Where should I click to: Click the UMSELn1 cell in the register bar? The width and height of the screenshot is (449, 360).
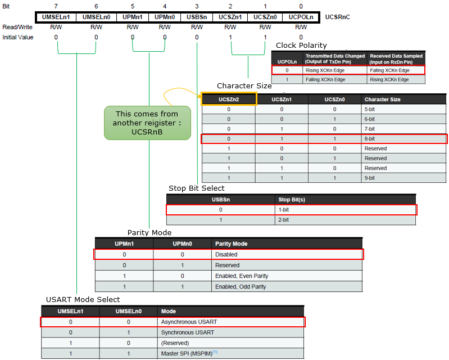56,17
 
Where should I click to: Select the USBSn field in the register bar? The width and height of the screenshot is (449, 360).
197,17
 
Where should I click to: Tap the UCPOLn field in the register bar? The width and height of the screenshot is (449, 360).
301,17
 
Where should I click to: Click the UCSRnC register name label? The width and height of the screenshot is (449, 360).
337,17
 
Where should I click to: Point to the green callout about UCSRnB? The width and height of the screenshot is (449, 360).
147,123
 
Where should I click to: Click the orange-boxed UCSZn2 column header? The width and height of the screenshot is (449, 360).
229,99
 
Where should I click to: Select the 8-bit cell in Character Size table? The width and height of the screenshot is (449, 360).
403,139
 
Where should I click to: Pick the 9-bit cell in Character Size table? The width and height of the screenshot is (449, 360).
403,178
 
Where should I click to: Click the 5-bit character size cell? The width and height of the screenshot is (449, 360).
403,109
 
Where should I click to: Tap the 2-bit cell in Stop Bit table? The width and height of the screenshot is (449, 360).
345,220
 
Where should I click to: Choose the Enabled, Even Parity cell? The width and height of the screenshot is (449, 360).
287,276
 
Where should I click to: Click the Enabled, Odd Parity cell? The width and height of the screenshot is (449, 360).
287,287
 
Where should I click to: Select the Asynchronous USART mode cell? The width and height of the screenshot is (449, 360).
230,322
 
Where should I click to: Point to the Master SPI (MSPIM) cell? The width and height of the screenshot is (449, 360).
230,353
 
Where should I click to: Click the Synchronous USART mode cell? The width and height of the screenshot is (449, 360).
230,332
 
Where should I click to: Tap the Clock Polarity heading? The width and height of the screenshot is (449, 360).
301,46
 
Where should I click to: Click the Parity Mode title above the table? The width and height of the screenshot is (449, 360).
149,232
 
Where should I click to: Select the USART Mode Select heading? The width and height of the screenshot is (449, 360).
83,299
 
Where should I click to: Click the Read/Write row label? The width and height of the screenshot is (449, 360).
17,27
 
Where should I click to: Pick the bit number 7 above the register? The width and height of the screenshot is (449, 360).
56,6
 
